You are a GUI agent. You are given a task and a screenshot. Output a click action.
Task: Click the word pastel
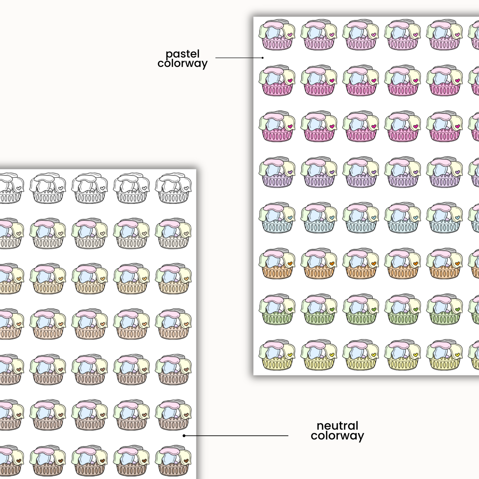point(183,54)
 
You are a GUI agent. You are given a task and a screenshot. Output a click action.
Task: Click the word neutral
point(337,426)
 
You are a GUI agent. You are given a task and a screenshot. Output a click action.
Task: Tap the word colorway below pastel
point(183,63)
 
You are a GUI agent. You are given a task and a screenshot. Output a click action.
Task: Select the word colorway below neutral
point(337,436)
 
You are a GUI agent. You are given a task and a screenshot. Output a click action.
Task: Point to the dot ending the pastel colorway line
point(263,58)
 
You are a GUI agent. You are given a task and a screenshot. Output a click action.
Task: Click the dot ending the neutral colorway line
point(184,436)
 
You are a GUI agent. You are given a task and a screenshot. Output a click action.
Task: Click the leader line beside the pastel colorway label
point(239,58)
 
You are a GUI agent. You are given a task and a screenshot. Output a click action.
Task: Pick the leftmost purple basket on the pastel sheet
point(277,172)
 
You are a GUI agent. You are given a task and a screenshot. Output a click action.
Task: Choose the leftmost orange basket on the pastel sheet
point(277,264)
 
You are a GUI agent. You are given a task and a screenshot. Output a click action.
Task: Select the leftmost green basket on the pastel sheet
point(277,310)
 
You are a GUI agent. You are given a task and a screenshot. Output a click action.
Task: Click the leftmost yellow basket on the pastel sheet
point(277,355)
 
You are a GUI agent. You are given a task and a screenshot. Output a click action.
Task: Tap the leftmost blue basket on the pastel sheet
point(277,218)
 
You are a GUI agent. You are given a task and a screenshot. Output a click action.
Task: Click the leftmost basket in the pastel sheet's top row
point(277,35)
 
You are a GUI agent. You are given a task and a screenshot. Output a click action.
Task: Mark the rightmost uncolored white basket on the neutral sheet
point(173,188)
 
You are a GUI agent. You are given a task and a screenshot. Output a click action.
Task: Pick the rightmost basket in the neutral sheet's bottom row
point(173,461)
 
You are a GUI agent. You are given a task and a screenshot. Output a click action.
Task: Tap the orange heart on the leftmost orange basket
point(290,263)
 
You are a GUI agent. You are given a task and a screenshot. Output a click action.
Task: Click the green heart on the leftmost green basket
point(290,309)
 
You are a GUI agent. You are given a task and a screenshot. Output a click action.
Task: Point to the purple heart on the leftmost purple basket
point(290,172)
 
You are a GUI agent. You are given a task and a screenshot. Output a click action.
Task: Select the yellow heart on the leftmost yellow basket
point(290,355)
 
